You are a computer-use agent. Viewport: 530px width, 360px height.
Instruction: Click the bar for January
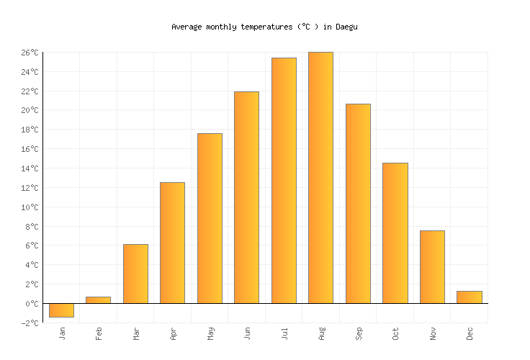(x=61, y=310)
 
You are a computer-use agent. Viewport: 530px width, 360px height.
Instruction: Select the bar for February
(x=98, y=300)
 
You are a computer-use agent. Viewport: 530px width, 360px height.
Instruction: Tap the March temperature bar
(x=135, y=274)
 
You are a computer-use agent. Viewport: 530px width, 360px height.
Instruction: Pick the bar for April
(x=172, y=243)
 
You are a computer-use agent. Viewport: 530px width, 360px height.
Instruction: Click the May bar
(x=210, y=218)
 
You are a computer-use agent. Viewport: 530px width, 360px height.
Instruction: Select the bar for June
(x=246, y=197)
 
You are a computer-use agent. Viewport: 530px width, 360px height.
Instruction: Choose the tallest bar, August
(x=320, y=177)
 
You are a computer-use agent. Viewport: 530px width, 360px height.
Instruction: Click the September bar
(x=358, y=203)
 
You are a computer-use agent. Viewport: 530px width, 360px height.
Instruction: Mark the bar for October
(x=395, y=233)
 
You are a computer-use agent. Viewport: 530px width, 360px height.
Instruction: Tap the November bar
(x=432, y=266)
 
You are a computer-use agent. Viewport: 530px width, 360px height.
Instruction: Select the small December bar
(x=469, y=297)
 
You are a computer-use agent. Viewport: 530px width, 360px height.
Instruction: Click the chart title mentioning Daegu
(x=264, y=27)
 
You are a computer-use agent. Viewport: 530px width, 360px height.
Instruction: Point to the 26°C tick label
(x=30, y=53)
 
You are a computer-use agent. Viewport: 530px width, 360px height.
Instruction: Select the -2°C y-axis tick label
(x=30, y=323)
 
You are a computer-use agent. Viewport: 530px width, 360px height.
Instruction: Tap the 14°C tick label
(x=30, y=168)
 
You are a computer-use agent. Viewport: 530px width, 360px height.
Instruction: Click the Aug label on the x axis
(x=321, y=333)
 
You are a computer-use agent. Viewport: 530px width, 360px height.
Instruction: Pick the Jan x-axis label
(x=62, y=333)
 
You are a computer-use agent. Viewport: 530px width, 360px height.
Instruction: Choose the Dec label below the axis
(x=470, y=333)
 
